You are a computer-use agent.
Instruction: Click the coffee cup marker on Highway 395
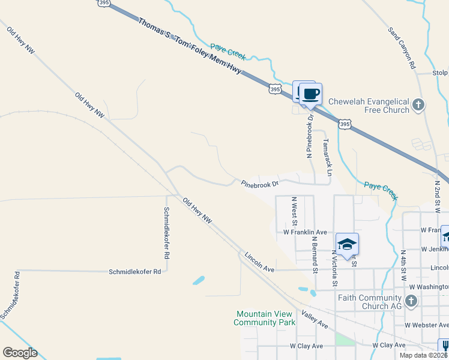pos(310,95)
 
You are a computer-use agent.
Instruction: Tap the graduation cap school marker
pos(347,244)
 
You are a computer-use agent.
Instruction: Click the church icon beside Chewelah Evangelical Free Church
pos(419,106)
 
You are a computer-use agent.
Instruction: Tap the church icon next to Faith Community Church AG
pos(412,302)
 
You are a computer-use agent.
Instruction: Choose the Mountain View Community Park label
pos(265,318)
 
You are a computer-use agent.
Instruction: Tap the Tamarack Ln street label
pos(327,158)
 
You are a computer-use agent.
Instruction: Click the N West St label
pos(294,207)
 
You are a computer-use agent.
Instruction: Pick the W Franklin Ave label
pos(305,232)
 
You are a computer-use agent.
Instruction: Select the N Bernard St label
pos(314,254)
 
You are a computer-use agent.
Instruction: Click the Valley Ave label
pos(315,319)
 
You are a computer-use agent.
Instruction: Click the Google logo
pos(20,353)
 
